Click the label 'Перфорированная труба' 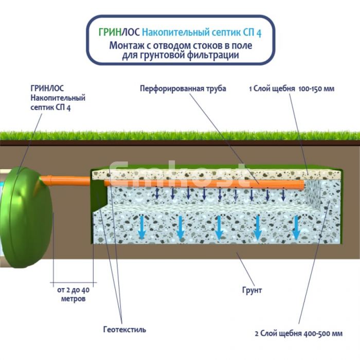click(183, 88)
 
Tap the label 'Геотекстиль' click(124, 329)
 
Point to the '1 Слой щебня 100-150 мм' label click(292, 88)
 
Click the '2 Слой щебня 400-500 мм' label click(298, 333)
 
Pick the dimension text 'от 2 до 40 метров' click(71, 295)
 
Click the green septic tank click(31, 216)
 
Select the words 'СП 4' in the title click(252, 33)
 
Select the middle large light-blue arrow click(219, 227)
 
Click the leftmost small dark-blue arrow click(157, 193)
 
